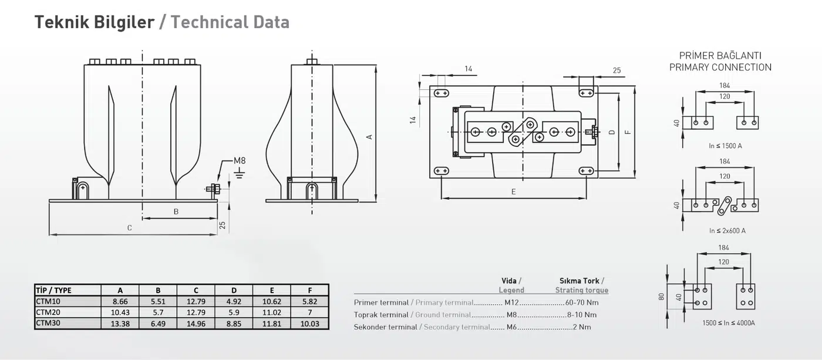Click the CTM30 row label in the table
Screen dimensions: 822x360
click(48, 323)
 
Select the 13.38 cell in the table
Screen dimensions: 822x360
click(120, 324)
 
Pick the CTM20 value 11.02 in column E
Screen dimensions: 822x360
click(271, 312)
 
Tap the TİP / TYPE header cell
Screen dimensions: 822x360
click(53, 290)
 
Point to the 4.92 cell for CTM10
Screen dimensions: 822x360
click(234, 302)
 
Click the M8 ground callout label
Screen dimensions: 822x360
click(240, 161)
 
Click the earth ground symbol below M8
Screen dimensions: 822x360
click(240, 173)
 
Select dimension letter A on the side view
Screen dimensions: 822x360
click(369, 137)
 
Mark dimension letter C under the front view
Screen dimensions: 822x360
click(130, 228)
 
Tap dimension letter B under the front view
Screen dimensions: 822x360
click(176, 212)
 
